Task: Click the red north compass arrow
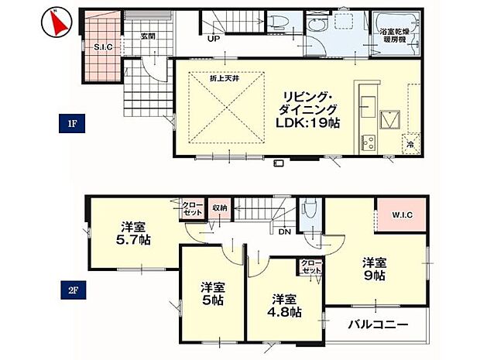(x=55, y=22)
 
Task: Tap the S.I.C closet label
(x=103, y=47)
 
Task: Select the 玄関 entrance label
(x=149, y=36)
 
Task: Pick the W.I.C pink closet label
(x=397, y=215)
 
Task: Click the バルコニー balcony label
(x=377, y=324)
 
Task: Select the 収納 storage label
(x=219, y=207)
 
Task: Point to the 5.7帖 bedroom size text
(x=133, y=240)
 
